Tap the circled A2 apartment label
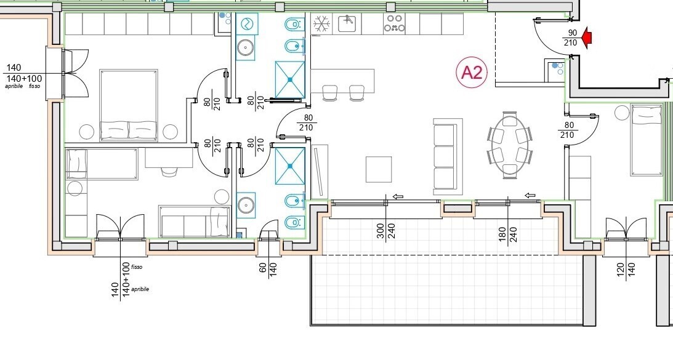coord(472,73)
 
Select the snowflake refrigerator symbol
coord(320,24)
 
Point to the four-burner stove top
coord(395,24)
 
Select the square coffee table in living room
coord(379,169)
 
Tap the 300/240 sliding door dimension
coord(385,232)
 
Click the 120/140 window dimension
coord(626,271)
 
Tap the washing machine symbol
coord(247,24)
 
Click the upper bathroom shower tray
coord(290,79)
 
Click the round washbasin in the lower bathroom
coord(246,206)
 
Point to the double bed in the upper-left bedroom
coord(129,105)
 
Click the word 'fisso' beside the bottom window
coord(137,267)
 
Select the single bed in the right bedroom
coord(646,140)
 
